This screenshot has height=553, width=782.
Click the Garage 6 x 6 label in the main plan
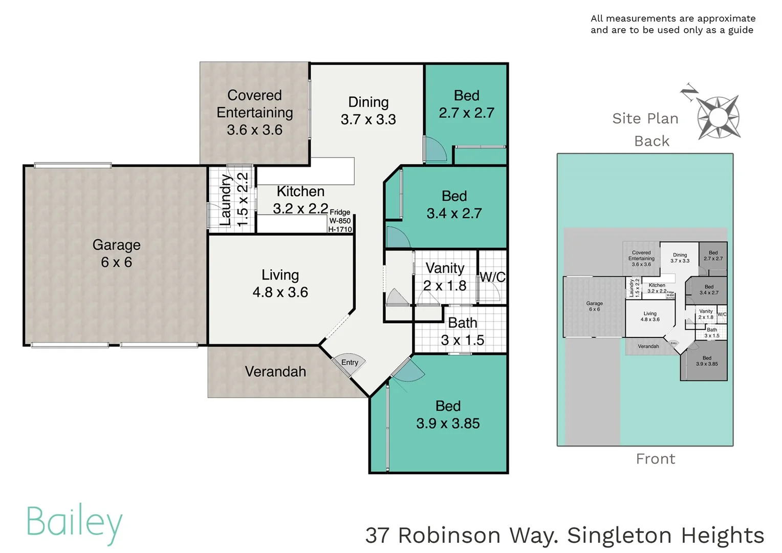(116, 253)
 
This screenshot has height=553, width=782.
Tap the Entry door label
(350, 363)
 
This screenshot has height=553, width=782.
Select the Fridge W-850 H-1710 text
(340, 221)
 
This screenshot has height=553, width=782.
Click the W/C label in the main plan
(492, 277)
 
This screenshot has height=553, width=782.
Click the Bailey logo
(75, 523)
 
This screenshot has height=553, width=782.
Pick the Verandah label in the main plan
(275, 372)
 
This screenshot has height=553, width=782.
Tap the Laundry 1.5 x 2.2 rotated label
(234, 200)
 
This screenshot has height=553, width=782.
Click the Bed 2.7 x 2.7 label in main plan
(466, 104)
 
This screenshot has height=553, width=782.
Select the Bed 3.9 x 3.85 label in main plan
(448, 415)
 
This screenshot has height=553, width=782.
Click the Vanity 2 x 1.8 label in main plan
(445, 277)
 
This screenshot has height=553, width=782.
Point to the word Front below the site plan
(655, 459)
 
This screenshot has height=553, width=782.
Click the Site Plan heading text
(645, 118)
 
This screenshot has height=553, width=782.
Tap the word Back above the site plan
(651, 141)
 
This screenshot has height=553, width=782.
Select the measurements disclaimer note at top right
(672, 24)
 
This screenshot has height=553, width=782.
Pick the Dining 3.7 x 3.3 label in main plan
(368, 111)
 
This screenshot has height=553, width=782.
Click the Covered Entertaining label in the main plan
(254, 113)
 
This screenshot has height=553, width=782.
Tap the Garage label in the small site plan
(594, 306)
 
